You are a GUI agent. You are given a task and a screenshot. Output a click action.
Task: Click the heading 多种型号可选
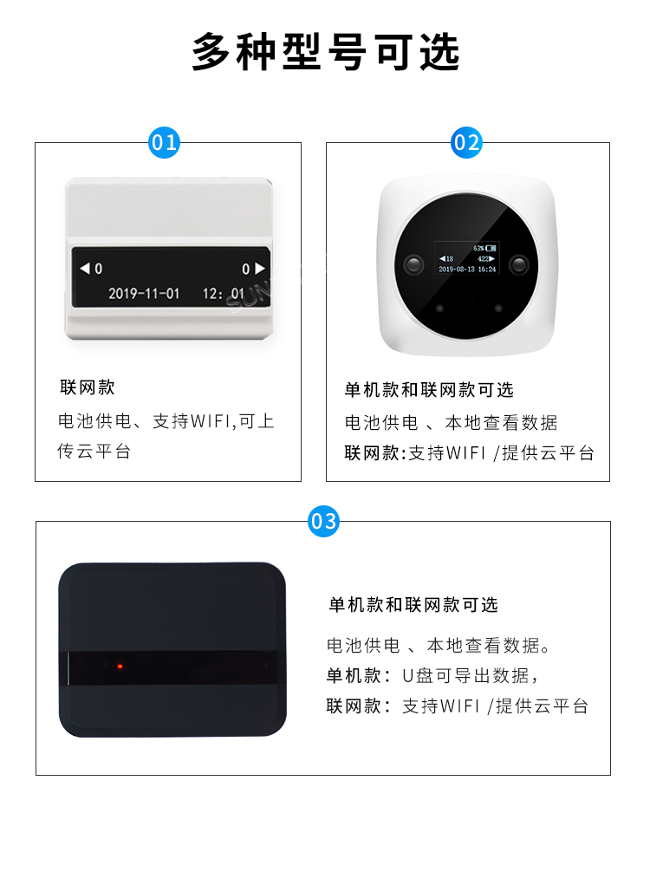tap(325, 52)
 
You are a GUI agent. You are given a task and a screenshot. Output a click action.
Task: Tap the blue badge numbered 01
tap(164, 142)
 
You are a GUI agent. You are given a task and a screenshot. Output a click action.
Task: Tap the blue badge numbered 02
tap(467, 142)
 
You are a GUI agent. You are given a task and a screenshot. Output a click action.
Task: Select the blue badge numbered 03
tap(323, 522)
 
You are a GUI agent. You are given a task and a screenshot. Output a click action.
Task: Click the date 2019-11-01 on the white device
tap(144, 294)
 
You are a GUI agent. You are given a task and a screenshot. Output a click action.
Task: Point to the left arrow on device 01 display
tap(85, 269)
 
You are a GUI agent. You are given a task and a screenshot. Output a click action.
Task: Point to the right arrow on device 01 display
tap(259, 269)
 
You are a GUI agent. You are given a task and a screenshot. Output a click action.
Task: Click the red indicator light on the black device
tap(120, 667)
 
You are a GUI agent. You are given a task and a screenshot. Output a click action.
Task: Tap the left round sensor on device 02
tap(413, 263)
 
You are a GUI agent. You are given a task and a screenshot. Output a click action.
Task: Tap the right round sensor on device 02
tap(519, 263)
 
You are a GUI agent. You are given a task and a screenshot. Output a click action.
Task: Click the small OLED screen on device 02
tap(466, 258)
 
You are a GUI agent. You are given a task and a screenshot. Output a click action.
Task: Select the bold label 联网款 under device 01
tap(86, 387)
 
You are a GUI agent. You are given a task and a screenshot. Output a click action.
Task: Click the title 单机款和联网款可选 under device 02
tap(429, 390)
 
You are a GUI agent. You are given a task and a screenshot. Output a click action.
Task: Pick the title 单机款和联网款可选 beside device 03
tap(413, 605)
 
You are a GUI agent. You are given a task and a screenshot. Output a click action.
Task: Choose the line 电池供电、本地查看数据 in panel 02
tap(451, 423)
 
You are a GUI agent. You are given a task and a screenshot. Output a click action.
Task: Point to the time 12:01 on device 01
tap(224, 294)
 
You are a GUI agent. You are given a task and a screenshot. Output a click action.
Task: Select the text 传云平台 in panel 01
tap(94, 452)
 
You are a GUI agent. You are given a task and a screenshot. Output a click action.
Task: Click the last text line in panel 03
tap(457, 706)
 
